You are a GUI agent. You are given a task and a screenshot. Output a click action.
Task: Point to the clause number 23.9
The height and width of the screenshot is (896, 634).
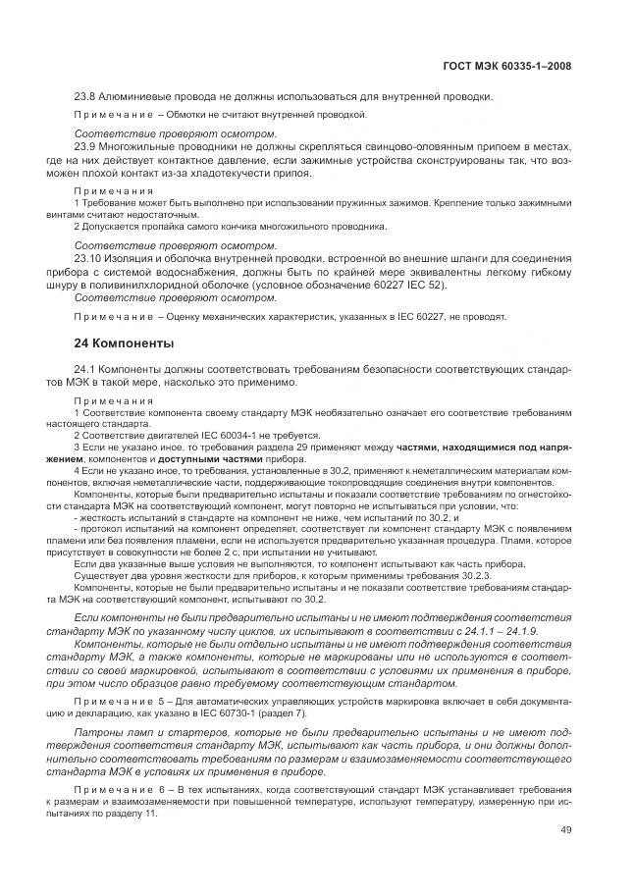(85, 145)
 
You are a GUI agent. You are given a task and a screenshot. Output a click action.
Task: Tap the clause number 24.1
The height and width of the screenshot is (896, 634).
(85, 369)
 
